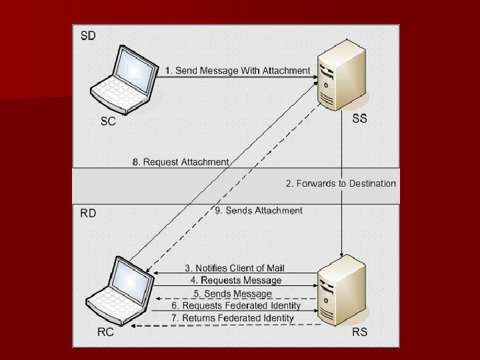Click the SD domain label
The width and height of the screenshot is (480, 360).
88,35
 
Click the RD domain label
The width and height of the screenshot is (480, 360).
88,214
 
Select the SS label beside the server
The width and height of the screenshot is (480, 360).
359,119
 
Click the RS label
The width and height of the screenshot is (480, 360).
359,331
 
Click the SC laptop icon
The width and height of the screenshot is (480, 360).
124,78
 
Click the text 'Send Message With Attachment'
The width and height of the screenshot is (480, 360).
242,70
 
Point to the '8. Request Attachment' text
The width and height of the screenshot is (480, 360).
181,162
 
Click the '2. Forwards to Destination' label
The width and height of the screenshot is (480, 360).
341,183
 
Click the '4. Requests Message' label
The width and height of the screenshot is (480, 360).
236,281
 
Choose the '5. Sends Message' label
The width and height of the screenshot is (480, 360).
233,293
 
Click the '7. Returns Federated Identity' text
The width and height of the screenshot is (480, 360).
233,318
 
